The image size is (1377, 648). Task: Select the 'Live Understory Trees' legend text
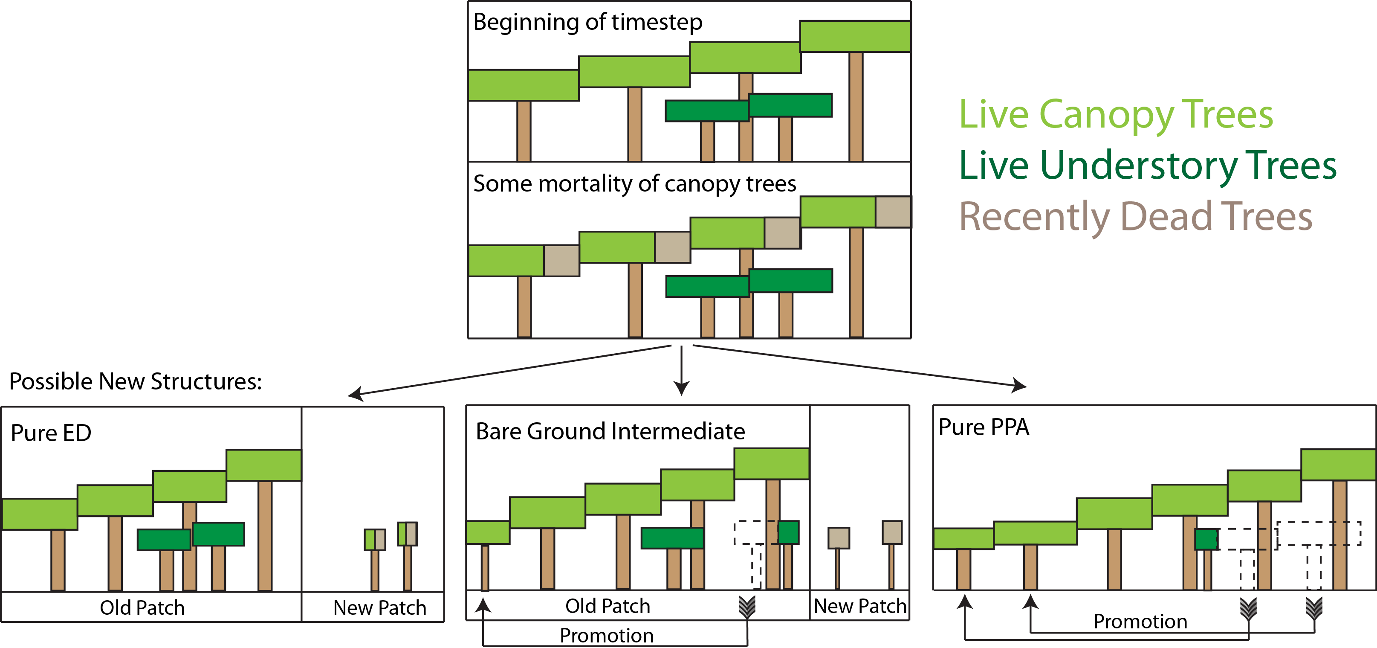1147,166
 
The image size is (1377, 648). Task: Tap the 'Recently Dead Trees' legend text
1135,217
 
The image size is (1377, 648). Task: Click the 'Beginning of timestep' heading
587,23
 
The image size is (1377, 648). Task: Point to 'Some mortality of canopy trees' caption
634,184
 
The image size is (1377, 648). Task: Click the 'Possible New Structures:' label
135,381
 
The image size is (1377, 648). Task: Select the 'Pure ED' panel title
51,433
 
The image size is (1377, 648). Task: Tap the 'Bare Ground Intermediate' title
610,431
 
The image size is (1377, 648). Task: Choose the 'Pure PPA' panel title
984,427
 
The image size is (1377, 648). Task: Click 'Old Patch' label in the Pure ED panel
142,608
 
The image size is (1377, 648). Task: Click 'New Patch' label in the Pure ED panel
379,608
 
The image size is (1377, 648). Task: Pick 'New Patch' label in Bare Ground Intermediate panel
859,606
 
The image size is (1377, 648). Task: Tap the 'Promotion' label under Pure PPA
1140,621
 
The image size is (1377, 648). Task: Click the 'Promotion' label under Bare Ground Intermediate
606,636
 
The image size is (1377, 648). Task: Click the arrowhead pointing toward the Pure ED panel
356,394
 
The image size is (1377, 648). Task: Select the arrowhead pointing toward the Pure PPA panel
1019,385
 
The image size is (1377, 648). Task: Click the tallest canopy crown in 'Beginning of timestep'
855,36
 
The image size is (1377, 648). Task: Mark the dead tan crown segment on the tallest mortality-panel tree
893,212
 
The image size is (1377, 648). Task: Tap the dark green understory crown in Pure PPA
1206,539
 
